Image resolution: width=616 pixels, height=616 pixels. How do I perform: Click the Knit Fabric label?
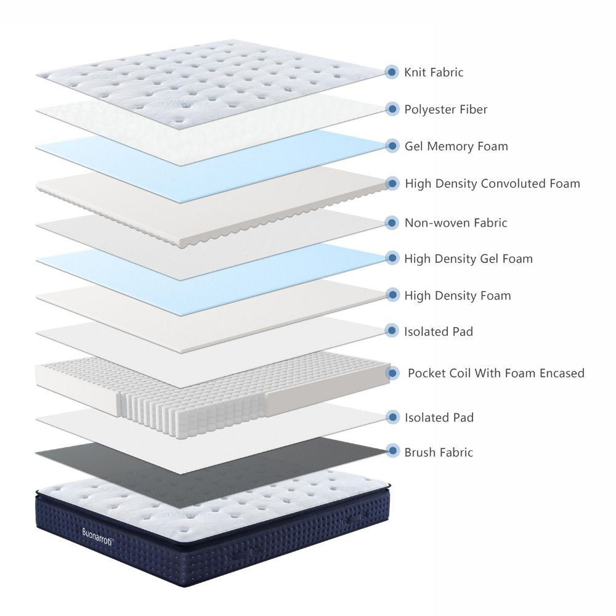click(434, 72)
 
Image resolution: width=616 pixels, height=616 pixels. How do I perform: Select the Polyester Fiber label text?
click(446, 109)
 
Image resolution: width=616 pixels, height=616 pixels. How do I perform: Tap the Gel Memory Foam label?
click(456, 146)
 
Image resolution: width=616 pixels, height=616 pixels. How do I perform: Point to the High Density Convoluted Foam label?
click(492, 184)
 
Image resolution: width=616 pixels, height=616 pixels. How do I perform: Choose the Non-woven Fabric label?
click(456, 223)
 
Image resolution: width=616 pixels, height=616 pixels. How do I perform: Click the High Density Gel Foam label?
click(468, 259)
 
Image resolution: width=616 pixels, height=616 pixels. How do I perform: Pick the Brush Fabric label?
click(439, 452)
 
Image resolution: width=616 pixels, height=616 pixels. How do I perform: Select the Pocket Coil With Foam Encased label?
click(496, 373)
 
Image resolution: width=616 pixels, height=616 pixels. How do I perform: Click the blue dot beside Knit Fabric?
click(391, 72)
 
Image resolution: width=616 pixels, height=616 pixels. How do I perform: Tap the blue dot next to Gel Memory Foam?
click(392, 146)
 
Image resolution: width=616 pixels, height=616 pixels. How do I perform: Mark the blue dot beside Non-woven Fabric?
click(391, 223)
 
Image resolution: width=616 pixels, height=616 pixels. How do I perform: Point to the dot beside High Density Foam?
click(392, 294)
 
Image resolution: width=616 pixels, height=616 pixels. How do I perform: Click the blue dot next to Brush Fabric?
click(392, 451)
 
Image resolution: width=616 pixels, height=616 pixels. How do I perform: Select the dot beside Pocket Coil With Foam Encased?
click(392, 373)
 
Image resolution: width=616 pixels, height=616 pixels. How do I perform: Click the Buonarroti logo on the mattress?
click(98, 537)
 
